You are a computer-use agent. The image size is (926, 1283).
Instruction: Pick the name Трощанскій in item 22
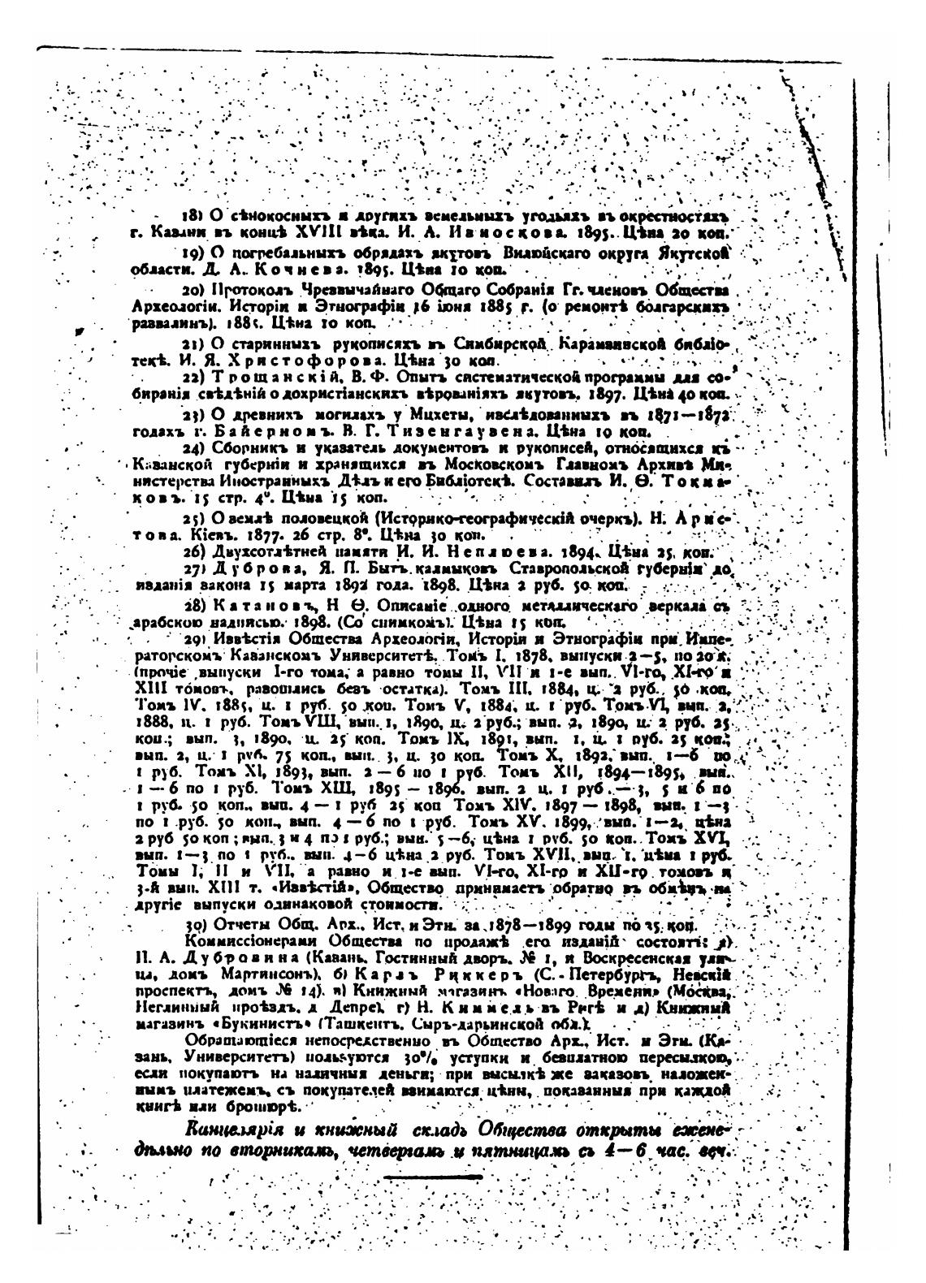259,378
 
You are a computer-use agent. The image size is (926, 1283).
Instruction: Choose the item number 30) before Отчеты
196,926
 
